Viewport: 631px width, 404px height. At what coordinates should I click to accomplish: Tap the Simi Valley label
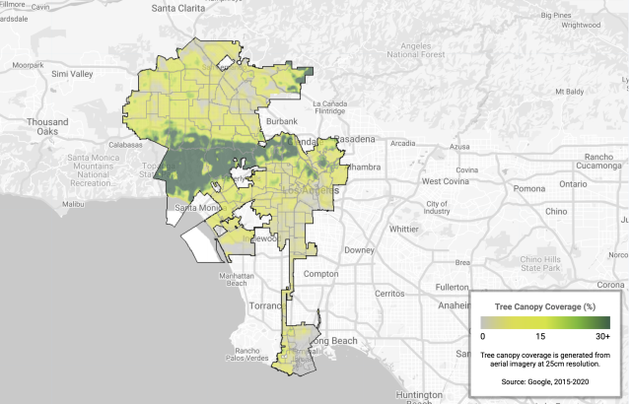coord(72,74)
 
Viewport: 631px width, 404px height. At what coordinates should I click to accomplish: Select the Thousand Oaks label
coord(47,127)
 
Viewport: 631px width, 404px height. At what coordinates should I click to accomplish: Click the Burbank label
coord(282,120)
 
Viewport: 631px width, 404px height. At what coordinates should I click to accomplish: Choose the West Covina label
coord(443,181)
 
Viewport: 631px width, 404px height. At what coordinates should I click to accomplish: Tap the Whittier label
coord(404,228)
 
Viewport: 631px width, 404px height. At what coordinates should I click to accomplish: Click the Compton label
coord(321,273)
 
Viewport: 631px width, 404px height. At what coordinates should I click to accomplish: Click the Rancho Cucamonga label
coord(598,161)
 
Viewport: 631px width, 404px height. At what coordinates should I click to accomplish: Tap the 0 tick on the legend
coord(482,337)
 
